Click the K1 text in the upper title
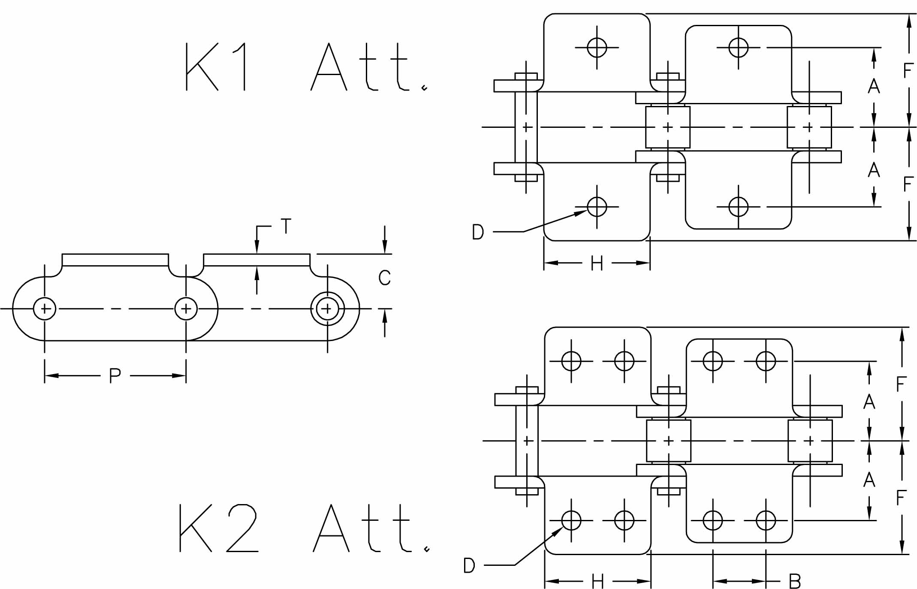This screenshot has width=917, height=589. [216, 66]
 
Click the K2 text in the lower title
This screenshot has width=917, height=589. [219, 528]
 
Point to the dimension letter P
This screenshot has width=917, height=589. [115, 376]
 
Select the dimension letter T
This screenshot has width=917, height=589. [286, 226]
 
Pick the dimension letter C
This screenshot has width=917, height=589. [384, 278]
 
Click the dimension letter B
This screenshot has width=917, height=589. [795, 582]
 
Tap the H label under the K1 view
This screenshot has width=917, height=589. [597, 263]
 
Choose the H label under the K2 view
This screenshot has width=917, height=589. [597, 582]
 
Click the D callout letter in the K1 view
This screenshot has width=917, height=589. [478, 232]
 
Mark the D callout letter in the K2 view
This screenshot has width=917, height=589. [469, 565]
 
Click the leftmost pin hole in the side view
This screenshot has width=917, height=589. [45, 308]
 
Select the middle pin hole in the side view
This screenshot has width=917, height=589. [186, 308]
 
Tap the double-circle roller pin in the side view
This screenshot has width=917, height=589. [327, 308]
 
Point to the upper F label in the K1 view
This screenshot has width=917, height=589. [908, 71]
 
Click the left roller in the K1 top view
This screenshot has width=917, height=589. [668, 127]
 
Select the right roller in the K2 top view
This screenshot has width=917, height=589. [810, 441]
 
